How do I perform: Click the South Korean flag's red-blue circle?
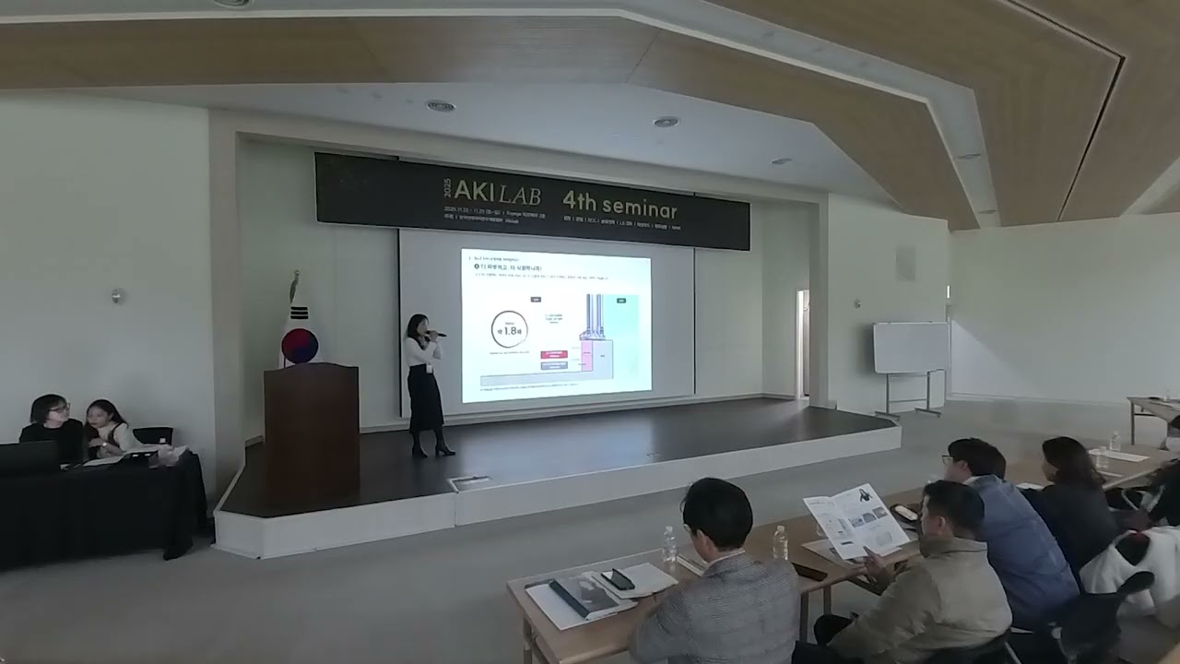tap(300, 345)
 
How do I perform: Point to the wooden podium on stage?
tap(312, 424)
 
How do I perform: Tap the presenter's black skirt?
tap(426, 397)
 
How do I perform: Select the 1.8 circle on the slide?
tap(509, 329)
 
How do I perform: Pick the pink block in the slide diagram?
tap(586, 355)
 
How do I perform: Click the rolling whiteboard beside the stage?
tap(911, 348)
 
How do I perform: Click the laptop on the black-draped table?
tap(28, 456)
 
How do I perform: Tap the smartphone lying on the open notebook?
tap(617, 579)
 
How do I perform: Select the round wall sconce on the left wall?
tap(116, 296)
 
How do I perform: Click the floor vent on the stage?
tap(469, 482)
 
